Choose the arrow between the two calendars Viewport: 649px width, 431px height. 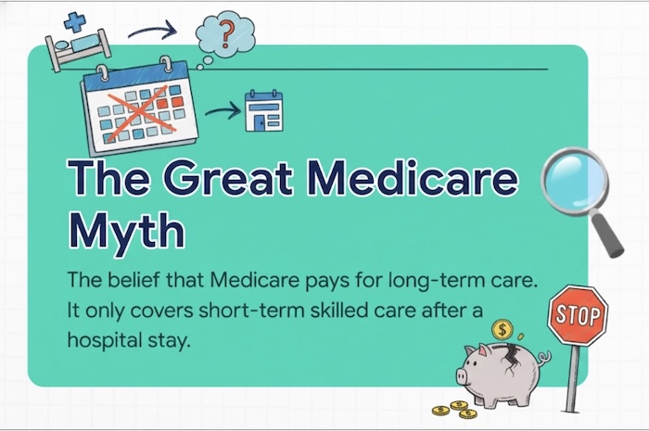pyautogui.click(x=221, y=112)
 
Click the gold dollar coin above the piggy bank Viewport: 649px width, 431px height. pyautogui.click(x=503, y=329)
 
